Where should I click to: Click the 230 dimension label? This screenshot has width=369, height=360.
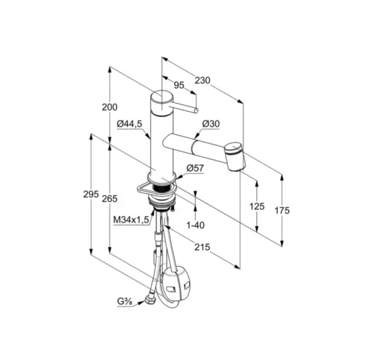point(202,80)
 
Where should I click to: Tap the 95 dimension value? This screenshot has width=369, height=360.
point(179,85)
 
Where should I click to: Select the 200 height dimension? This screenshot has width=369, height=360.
point(109,107)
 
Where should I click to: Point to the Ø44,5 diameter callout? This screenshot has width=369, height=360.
point(130,124)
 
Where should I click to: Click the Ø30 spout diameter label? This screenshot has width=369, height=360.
point(211,124)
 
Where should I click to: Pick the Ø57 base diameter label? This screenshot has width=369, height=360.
point(195,168)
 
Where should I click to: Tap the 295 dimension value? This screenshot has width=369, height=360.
point(91,194)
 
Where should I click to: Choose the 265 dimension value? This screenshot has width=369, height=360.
point(109,199)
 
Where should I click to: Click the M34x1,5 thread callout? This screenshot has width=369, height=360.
point(131,220)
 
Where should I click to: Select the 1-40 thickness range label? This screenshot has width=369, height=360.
point(196,226)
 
